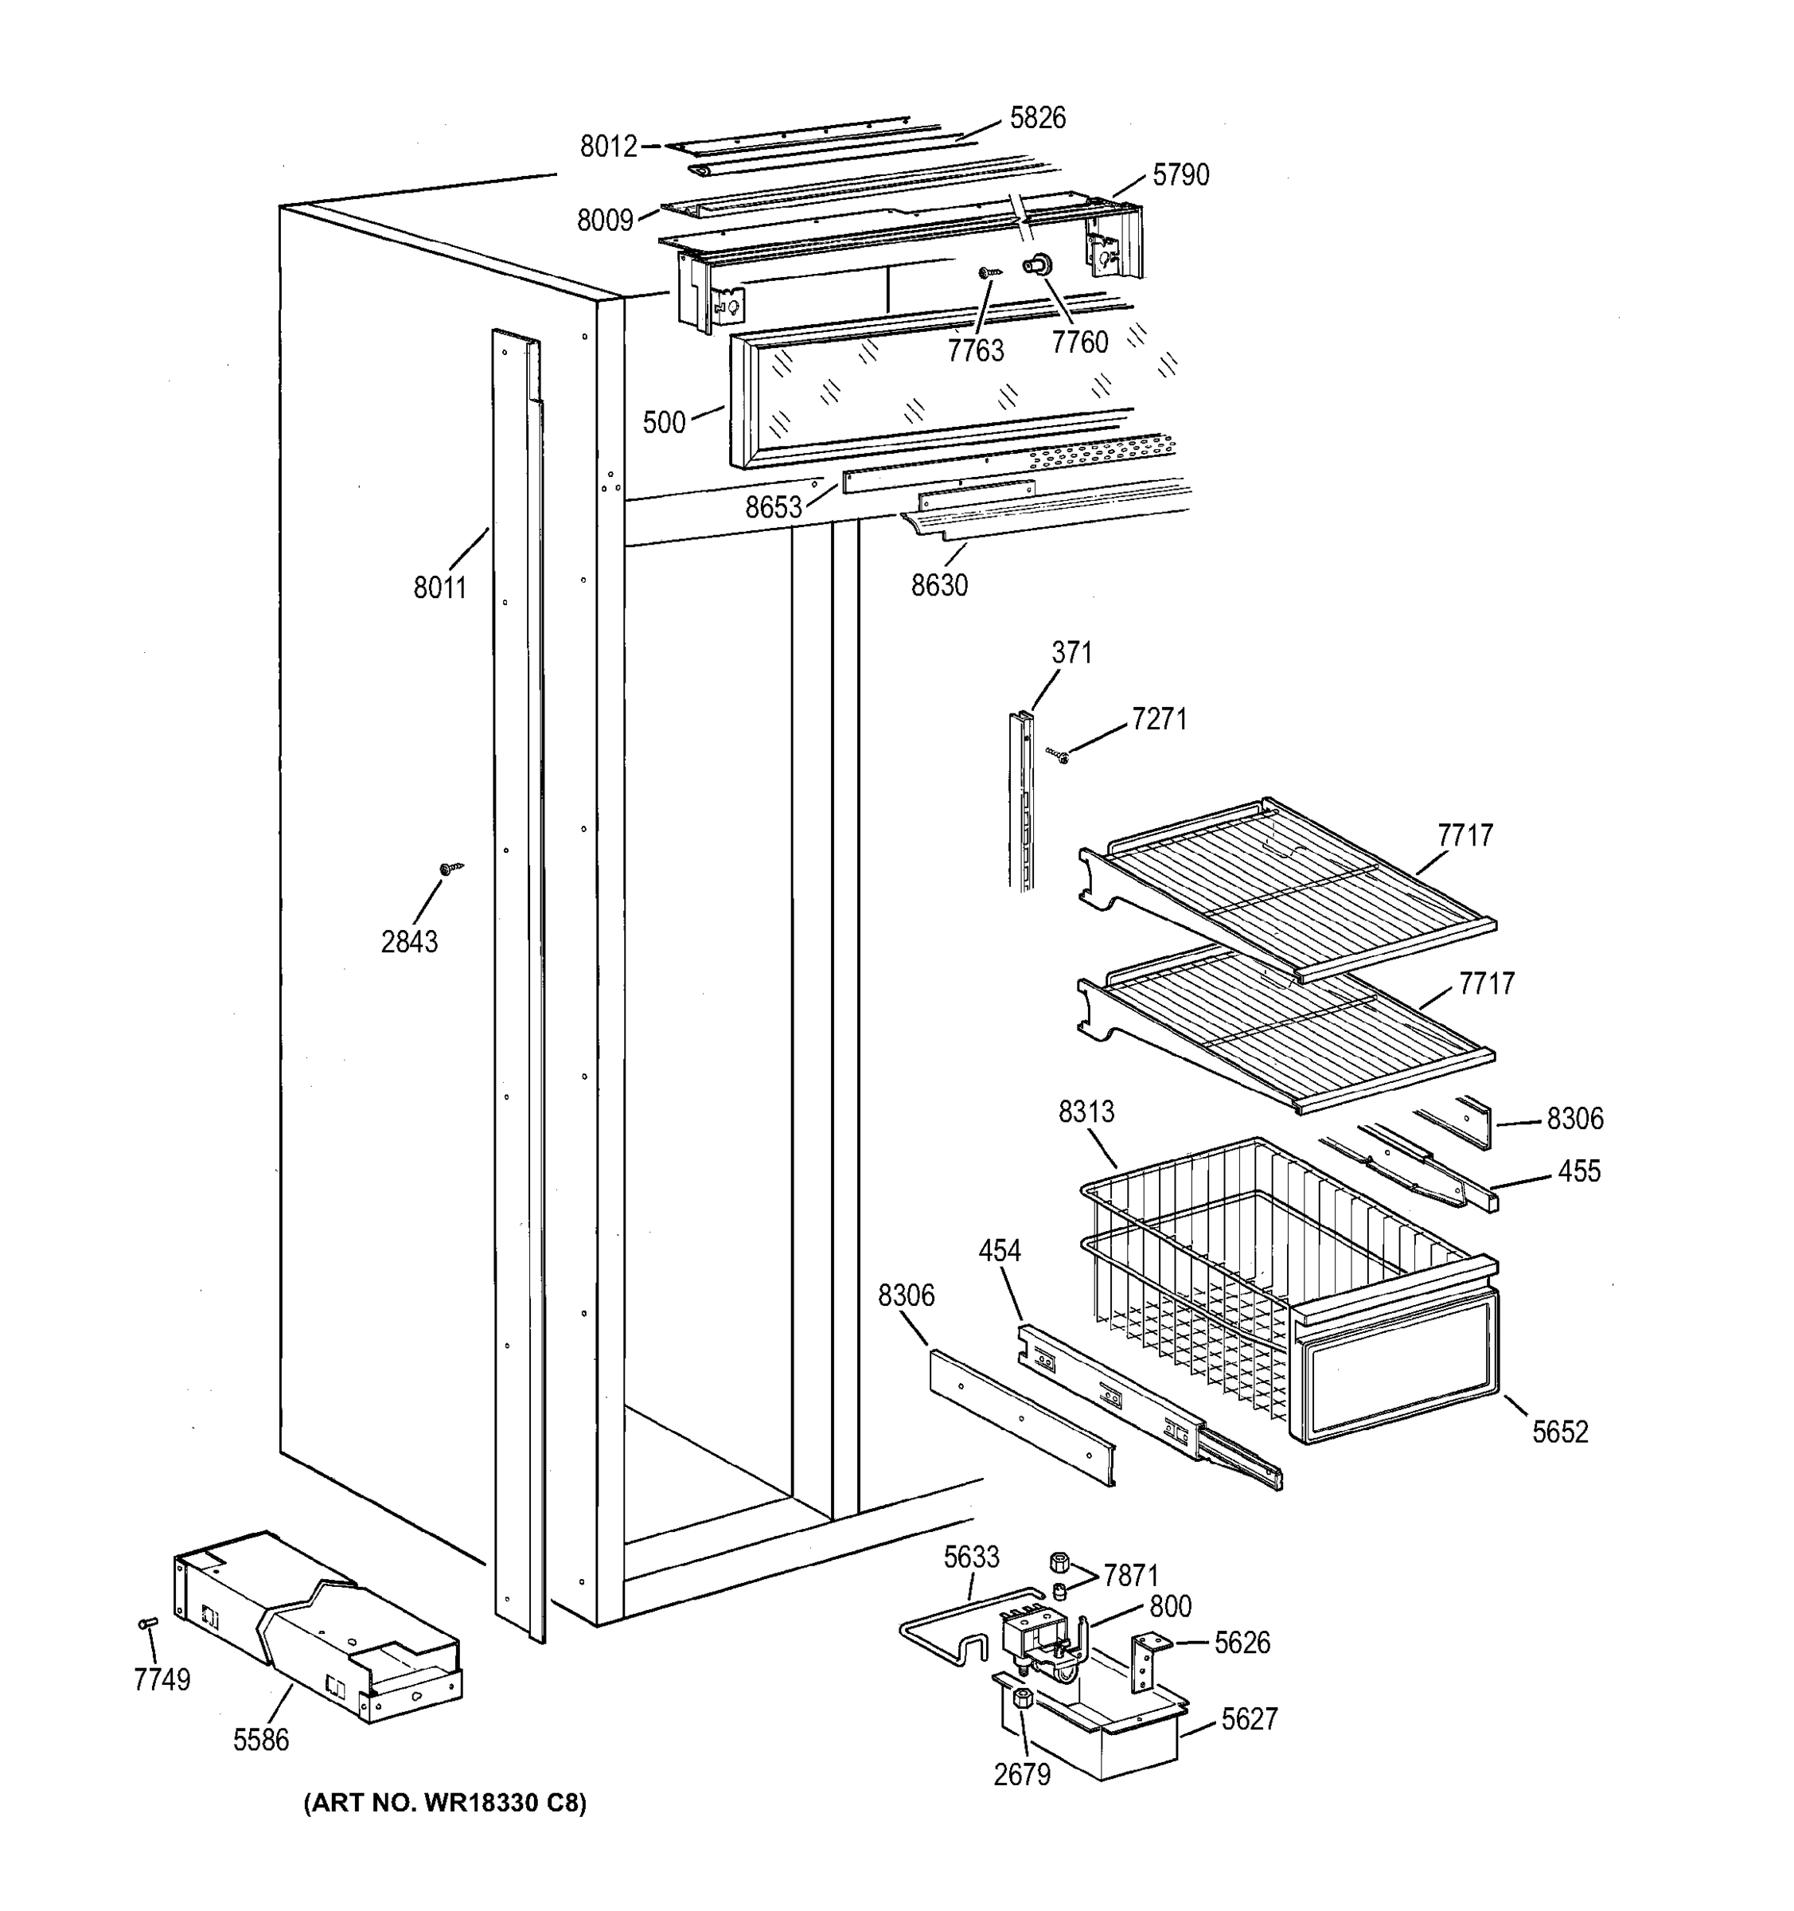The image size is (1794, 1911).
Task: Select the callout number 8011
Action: coord(440,588)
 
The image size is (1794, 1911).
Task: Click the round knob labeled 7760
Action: coord(1038,264)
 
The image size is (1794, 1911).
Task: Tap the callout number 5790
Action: coord(1180,175)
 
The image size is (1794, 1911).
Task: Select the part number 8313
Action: coord(1086,1112)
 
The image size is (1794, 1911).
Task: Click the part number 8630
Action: coord(939,585)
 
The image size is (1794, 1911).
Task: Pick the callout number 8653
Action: coord(774,507)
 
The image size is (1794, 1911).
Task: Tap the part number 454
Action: coord(1000,1251)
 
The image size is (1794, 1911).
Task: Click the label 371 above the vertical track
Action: coord(1071,653)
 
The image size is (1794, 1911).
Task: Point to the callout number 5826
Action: coord(1038,117)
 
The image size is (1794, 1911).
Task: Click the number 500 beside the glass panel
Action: coord(664,423)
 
